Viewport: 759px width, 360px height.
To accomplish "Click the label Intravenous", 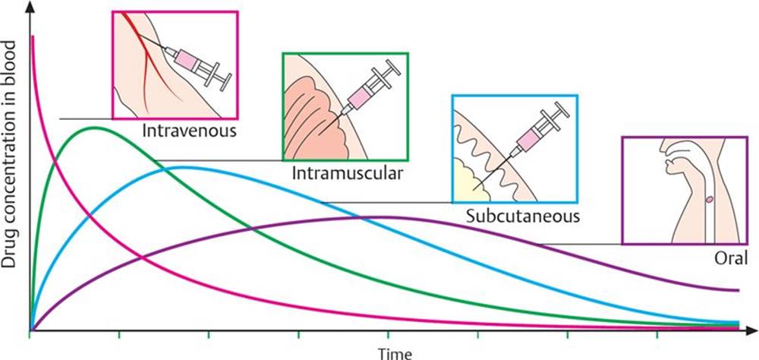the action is click(189, 131).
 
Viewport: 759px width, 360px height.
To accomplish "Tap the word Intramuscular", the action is click(347, 173).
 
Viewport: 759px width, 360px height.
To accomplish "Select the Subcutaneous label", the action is click(523, 216).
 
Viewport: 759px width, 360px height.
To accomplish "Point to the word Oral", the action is click(731, 258).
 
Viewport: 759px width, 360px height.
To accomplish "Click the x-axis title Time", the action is click(395, 353).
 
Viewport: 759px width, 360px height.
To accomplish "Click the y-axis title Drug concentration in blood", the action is click(10, 154).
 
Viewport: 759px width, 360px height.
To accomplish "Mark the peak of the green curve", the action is click(95, 128).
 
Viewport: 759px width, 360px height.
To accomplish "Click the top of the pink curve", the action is click(33, 36).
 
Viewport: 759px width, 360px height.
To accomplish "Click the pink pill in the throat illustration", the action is click(710, 199).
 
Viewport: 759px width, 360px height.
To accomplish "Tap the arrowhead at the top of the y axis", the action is click(33, 6).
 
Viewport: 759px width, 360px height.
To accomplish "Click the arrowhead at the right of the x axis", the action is click(751, 330).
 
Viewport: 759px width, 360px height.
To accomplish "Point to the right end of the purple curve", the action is click(739, 290).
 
